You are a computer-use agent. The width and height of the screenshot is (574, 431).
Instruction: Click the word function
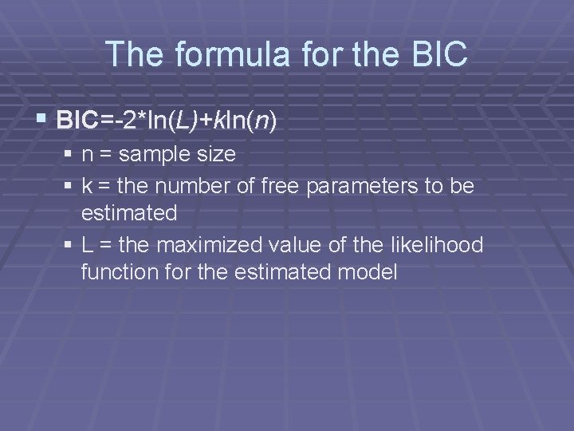(113, 272)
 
